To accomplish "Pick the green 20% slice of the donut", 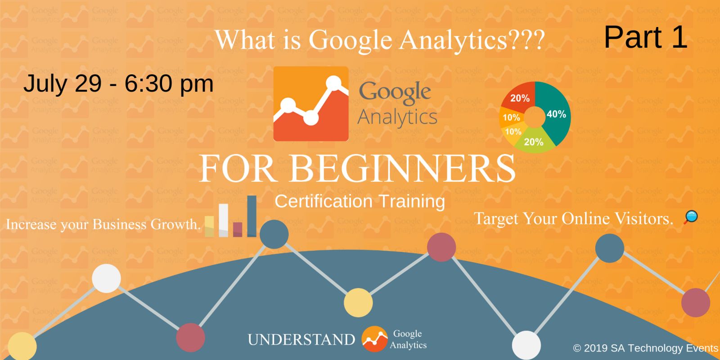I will tap(534, 142).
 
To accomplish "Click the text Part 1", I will tap(645, 37).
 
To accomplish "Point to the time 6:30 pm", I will tap(169, 84).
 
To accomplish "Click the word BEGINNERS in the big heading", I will tap(403, 168).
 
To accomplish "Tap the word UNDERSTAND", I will tap(301, 339).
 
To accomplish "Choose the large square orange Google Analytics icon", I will tap(311, 104).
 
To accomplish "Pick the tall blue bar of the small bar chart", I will tap(252, 216).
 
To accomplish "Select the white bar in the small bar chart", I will tap(223, 220).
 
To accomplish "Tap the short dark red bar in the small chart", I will tap(238, 229).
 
